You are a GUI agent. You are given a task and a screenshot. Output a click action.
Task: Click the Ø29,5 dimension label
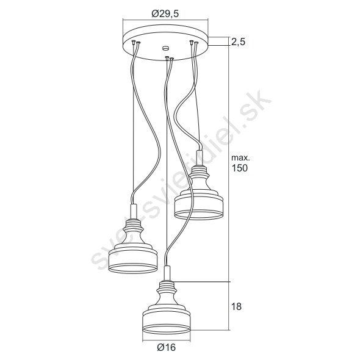click(x=165, y=14)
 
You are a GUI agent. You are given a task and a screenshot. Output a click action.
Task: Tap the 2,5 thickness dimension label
click(x=238, y=42)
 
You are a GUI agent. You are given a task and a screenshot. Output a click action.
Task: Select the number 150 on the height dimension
click(x=239, y=168)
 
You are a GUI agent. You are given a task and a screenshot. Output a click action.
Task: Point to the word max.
click(x=240, y=158)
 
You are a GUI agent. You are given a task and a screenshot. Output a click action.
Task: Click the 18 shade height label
click(x=236, y=306)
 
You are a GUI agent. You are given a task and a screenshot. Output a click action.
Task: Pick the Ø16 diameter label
click(x=166, y=347)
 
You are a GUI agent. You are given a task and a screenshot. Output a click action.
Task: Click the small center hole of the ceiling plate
click(x=165, y=48)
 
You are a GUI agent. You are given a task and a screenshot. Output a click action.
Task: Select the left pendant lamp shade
click(x=132, y=246)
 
